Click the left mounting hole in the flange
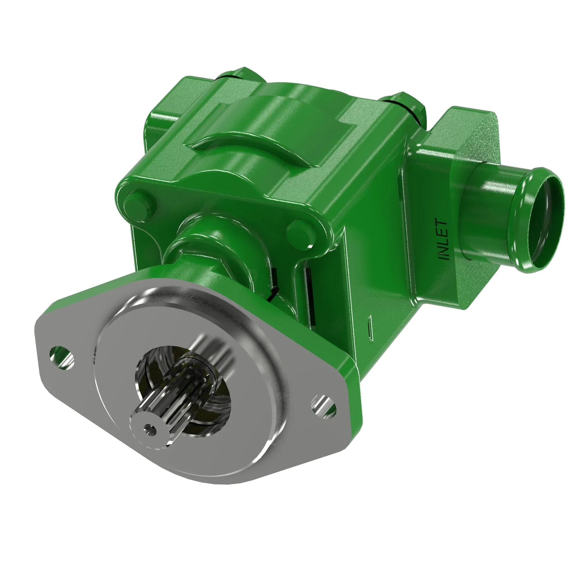point(62,358)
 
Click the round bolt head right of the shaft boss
point(302,234)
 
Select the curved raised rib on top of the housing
point(256,132)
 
